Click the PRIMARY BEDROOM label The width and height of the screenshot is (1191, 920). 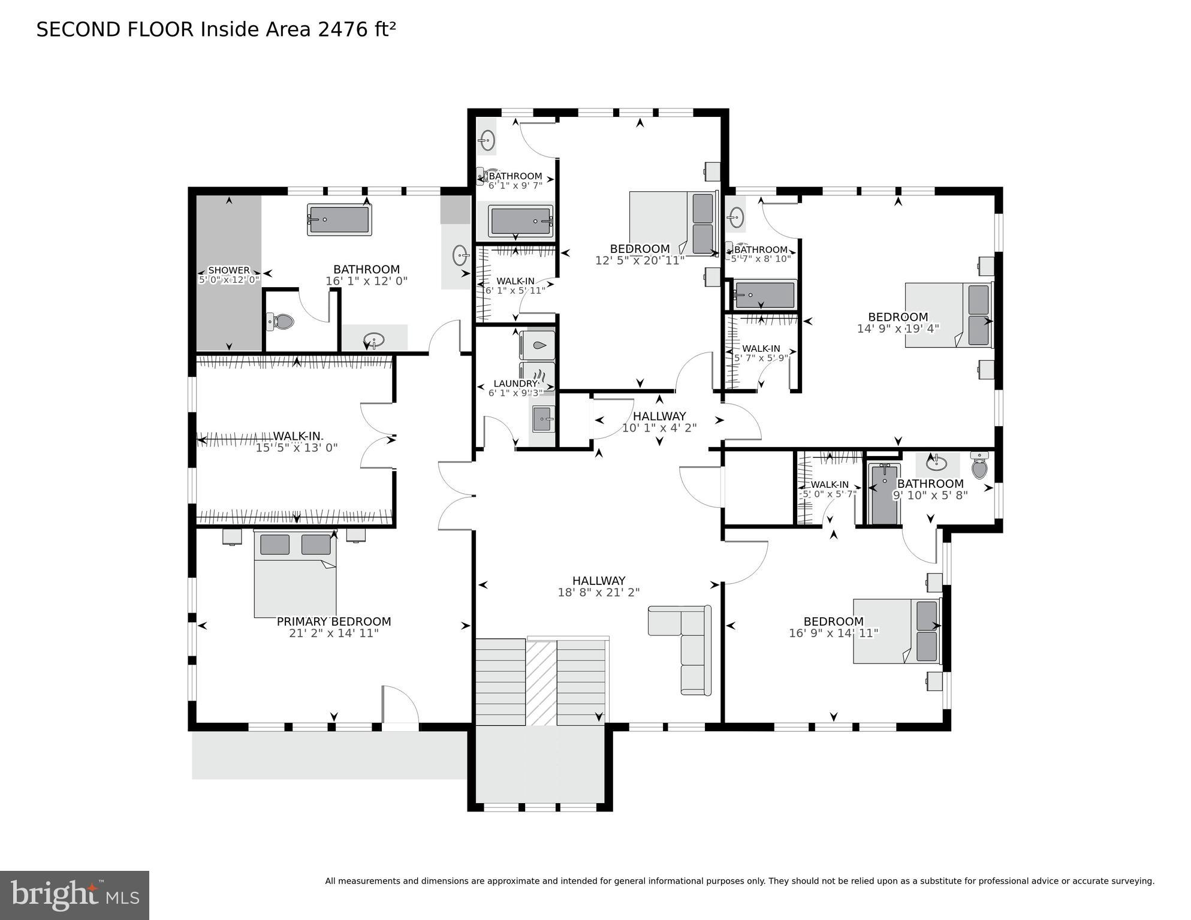333,622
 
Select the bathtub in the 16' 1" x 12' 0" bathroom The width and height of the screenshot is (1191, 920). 339,220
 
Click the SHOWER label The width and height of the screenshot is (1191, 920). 228,270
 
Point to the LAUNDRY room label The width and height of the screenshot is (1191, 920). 515,384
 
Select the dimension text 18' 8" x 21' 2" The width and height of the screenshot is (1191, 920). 598,592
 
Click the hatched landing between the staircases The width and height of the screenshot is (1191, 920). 541,683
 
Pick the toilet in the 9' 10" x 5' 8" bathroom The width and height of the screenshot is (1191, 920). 979,466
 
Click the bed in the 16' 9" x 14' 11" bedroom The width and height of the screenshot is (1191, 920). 895,631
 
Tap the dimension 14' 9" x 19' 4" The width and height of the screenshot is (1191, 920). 897,328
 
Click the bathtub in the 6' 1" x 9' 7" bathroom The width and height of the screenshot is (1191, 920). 520,221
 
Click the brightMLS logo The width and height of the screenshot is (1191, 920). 74,895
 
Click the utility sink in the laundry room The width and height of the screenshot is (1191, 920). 543,417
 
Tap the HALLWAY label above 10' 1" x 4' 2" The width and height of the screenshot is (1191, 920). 659,416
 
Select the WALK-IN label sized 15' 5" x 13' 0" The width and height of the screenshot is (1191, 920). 297,436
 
